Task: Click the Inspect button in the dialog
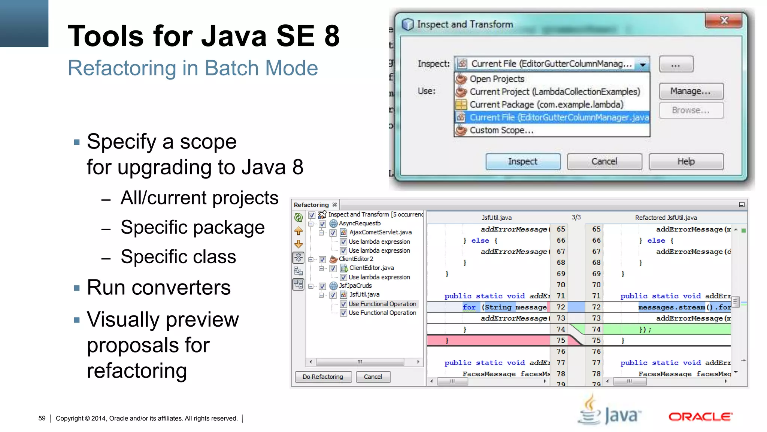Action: (523, 162)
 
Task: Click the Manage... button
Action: (691, 91)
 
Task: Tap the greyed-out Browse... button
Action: (691, 111)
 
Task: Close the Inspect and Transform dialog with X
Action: (724, 20)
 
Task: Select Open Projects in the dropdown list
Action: (497, 79)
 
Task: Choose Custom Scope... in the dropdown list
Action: (501, 130)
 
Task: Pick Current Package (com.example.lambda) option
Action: (546, 105)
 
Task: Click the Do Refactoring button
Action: (323, 377)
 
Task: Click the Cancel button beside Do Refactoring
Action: (373, 377)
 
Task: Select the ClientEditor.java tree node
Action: (371, 268)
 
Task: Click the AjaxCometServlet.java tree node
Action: (380, 232)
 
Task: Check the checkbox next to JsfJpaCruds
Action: (322, 286)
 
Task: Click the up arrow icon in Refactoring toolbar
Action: (298, 231)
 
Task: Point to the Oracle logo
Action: (700, 417)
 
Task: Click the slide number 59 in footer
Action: (42, 418)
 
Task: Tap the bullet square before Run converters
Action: (77, 288)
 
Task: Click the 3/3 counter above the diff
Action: (576, 217)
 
